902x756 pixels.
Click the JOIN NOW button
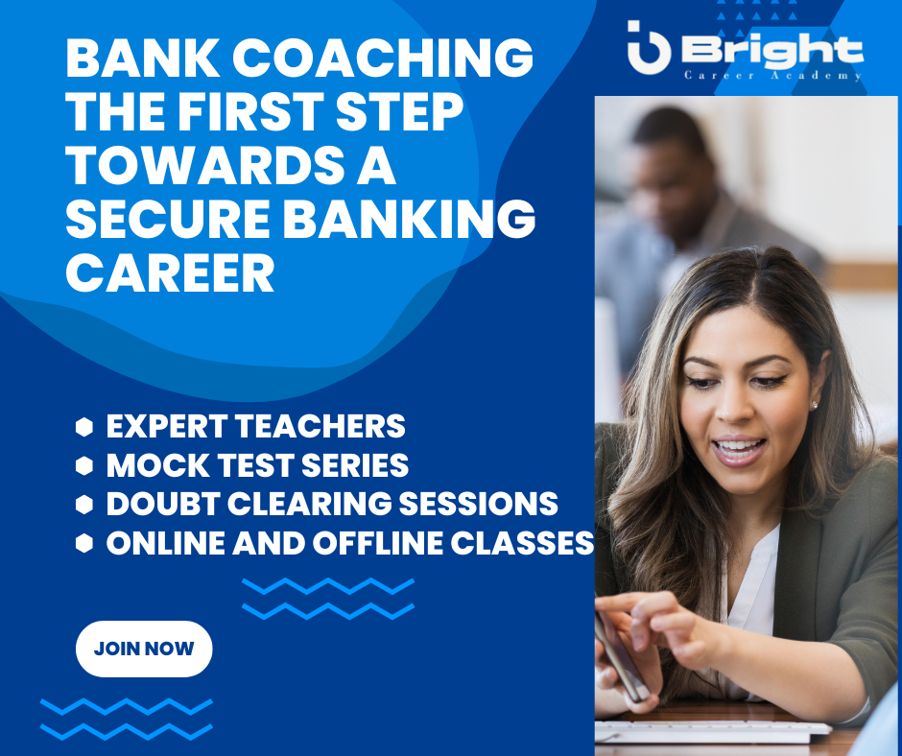144,649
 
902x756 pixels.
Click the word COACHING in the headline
383,58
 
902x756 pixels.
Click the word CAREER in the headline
170,272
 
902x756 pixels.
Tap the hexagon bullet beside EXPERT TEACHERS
84,427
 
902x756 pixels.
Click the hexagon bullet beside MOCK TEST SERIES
84,465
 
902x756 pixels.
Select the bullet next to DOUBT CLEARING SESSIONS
84,504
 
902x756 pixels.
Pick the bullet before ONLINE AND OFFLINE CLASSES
84,543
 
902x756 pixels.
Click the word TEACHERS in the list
320,426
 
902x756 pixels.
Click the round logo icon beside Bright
649,48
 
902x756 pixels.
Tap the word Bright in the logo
772,50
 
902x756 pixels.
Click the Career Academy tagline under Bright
772,76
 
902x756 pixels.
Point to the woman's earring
814,405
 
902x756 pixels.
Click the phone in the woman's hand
621,656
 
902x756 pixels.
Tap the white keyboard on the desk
712,731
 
